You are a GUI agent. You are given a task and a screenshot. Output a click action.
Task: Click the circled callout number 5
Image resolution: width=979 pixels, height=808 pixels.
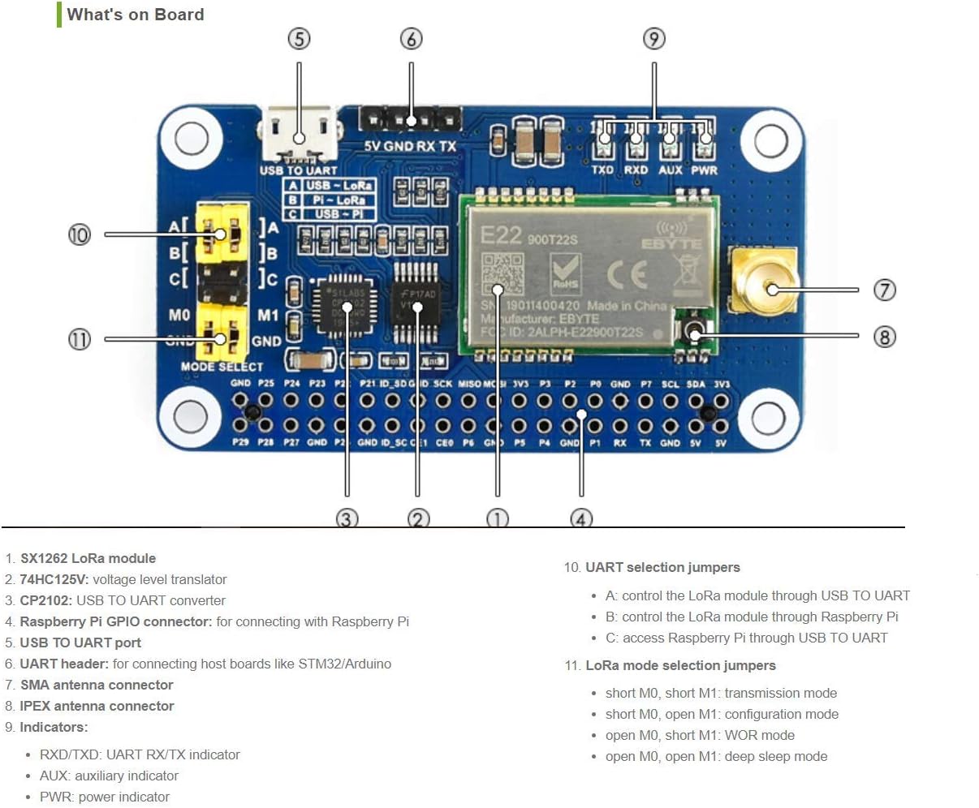coord(299,38)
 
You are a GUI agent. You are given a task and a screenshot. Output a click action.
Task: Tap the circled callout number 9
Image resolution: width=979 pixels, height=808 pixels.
coord(653,38)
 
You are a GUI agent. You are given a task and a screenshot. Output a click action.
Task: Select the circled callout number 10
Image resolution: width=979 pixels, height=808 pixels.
coord(79,234)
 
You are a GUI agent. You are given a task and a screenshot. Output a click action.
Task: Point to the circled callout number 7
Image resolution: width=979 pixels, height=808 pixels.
coord(884,290)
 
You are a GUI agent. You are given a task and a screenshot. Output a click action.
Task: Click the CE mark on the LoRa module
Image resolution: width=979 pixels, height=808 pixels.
coord(628,274)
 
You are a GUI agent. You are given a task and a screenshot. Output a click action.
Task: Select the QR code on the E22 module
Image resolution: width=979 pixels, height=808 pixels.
coord(502,273)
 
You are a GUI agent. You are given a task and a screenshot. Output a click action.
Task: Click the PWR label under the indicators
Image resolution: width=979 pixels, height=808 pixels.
coord(704,170)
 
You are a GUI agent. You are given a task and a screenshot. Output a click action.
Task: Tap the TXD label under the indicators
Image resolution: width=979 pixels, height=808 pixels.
coord(602,170)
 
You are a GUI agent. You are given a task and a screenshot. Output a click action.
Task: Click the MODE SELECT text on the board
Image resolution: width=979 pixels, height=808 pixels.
coord(222,367)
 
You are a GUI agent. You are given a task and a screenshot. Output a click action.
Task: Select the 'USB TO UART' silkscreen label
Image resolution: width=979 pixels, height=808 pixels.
coord(298,170)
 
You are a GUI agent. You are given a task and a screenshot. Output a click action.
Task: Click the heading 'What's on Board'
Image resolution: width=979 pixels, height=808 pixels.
coord(136,15)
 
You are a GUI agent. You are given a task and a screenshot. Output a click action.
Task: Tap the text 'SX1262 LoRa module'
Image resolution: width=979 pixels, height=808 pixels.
coord(88,558)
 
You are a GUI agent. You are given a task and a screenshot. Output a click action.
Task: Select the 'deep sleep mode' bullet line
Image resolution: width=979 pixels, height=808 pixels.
coord(716,756)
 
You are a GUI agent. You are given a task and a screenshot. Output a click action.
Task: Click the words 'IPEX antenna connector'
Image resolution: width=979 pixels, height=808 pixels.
coord(97,706)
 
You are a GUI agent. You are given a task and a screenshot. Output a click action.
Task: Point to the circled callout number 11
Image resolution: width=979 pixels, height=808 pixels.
coord(79,339)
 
